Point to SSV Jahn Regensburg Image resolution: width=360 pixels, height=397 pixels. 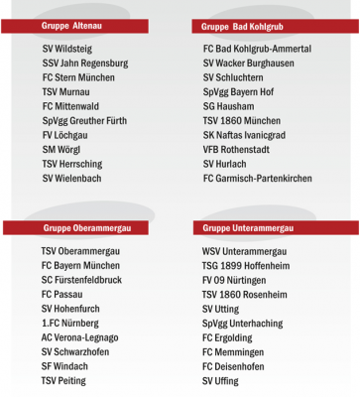(x=85, y=63)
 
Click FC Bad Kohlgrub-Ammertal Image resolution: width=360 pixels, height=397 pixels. (x=257, y=49)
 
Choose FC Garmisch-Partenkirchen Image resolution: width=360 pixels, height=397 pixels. (x=257, y=179)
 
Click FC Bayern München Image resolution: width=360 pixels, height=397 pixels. (x=80, y=266)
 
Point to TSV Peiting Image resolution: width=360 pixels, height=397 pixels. (x=63, y=381)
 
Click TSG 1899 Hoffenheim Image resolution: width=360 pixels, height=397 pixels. (x=245, y=266)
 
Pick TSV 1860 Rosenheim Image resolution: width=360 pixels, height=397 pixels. (x=244, y=295)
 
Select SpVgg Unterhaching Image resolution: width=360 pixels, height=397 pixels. (x=242, y=324)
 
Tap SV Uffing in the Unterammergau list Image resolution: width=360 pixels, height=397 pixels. (x=220, y=381)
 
